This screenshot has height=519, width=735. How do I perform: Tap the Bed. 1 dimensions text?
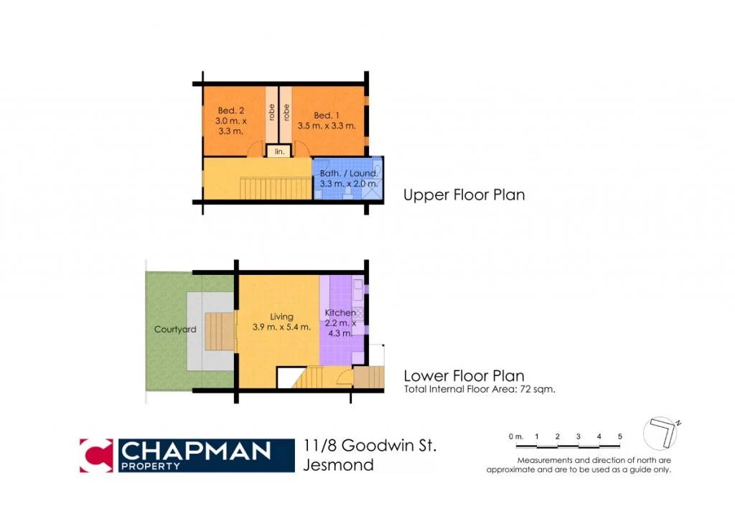point(327,126)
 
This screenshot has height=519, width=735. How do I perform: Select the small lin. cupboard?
point(278,152)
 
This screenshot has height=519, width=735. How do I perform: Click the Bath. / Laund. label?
point(344,173)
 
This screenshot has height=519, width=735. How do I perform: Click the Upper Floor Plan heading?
point(464,195)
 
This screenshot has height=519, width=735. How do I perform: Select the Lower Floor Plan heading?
point(464,375)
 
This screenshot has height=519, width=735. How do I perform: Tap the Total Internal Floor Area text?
point(479,390)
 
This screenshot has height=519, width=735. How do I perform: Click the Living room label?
point(281,316)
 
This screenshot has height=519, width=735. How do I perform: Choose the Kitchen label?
point(339,313)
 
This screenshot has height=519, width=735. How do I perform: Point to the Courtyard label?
point(175,329)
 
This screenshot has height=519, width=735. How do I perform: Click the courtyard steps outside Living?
point(219,331)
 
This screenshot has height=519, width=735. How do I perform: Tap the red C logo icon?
point(96,455)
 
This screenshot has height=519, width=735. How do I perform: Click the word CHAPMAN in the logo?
point(195,450)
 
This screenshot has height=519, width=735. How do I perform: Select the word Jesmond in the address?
point(338,464)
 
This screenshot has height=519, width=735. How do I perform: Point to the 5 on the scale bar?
point(619,436)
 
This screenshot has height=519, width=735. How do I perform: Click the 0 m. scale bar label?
point(515,436)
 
